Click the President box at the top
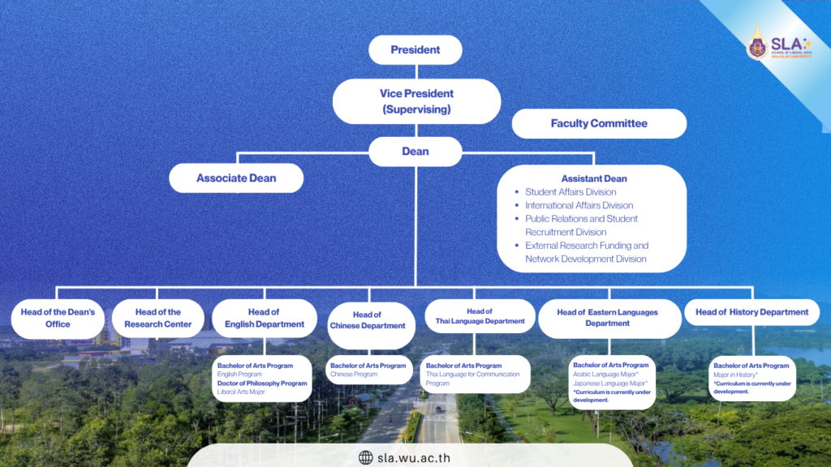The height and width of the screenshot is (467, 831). pyautogui.click(x=415, y=50)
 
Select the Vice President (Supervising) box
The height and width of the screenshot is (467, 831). pyautogui.click(x=416, y=101)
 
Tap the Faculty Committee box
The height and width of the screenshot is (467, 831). pyautogui.click(x=599, y=123)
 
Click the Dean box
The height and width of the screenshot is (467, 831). pyautogui.click(x=415, y=151)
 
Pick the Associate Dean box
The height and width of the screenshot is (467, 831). pyautogui.click(x=236, y=178)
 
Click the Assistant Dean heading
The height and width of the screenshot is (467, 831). pyautogui.click(x=593, y=178)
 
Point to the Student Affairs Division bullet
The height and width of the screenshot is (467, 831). pyautogui.click(x=570, y=192)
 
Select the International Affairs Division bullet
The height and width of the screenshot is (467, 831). pyautogui.click(x=579, y=205)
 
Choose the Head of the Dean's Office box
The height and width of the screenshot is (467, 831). pyautogui.click(x=58, y=318)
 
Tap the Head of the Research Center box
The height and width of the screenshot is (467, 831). pyautogui.click(x=158, y=318)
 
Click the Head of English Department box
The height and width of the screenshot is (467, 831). pyautogui.click(x=264, y=318)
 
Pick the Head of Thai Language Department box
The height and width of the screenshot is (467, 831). pyautogui.click(x=479, y=316)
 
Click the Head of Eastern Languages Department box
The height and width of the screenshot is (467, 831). pyautogui.click(x=608, y=318)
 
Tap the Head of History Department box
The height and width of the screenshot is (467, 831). pyautogui.click(x=751, y=312)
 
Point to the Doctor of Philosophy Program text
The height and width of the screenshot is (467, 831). pyautogui.click(x=262, y=383)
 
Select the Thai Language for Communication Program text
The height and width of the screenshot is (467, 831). pyautogui.click(x=473, y=379)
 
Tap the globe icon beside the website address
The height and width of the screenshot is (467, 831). pyautogui.click(x=366, y=457)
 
